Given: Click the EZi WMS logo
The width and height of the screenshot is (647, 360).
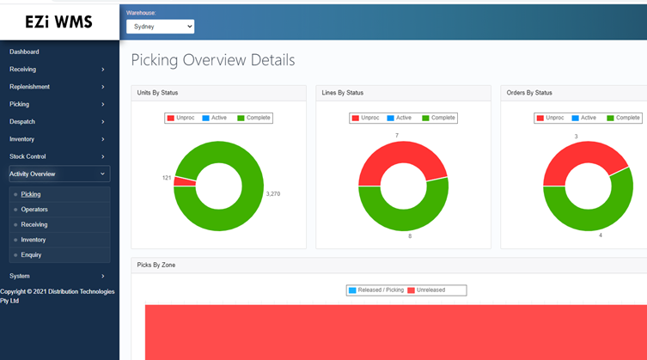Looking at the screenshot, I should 58,22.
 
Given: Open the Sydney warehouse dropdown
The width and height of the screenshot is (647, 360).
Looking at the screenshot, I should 160,27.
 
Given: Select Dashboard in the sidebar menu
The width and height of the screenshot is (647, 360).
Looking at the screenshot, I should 24,52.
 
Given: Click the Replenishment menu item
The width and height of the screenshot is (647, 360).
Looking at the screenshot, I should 30,87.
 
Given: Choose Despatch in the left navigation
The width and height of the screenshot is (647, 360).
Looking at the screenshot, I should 22,122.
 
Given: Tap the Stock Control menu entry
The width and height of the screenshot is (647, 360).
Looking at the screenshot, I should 27,156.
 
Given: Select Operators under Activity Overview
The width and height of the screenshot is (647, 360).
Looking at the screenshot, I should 34,210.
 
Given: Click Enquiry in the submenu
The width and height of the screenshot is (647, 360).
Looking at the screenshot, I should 31,255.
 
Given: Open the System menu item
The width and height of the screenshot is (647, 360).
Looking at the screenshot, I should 20,276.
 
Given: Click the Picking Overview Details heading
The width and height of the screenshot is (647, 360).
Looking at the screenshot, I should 212,60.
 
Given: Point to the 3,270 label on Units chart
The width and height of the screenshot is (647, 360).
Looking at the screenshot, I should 273,194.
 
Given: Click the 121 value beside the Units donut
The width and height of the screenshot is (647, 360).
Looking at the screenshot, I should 167,178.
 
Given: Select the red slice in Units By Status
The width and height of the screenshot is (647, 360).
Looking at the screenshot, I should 185,181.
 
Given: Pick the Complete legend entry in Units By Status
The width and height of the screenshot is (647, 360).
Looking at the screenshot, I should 253,118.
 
